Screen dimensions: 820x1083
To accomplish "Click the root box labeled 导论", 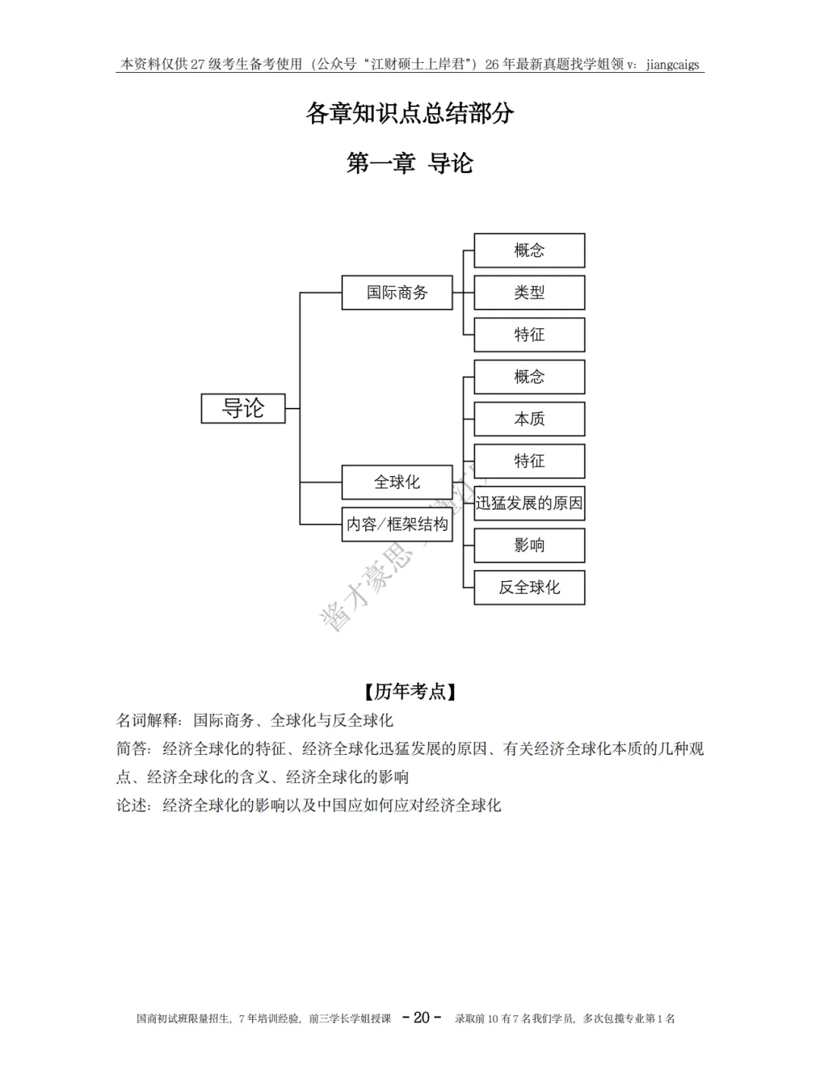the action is [243, 409].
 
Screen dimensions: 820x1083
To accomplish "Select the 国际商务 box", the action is [396, 292].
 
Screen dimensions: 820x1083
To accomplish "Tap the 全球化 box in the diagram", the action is [396, 482].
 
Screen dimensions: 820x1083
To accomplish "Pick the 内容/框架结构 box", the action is [396, 524].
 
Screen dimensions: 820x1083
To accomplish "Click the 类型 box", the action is [529, 292].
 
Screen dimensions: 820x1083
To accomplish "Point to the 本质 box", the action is [529, 418].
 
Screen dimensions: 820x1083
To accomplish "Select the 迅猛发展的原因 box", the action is [529, 503].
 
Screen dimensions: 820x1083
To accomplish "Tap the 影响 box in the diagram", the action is [529, 545].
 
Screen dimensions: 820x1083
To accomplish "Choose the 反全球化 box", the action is [529, 587].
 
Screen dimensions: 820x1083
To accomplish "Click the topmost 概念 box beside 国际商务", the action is [529, 251].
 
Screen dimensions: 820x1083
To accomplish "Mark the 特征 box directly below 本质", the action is [529, 461].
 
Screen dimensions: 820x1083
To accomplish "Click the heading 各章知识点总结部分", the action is [410, 114].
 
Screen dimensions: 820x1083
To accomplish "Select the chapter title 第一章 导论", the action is [410, 163].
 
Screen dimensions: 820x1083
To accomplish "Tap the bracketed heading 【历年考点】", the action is [410, 691].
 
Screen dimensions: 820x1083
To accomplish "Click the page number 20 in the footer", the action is [421, 1018].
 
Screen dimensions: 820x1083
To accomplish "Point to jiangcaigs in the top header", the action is [673, 65].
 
